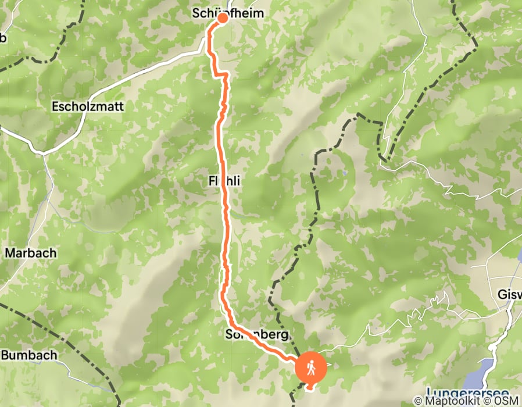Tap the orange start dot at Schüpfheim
point(223,18)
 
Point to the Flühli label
point(224,181)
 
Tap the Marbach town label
point(31,253)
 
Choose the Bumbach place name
point(29,355)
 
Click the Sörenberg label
point(256,335)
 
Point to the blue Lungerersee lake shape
point(485,369)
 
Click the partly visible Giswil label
point(510,294)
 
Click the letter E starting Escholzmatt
point(55,107)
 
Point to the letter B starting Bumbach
point(5,355)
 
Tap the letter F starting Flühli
point(210,181)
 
